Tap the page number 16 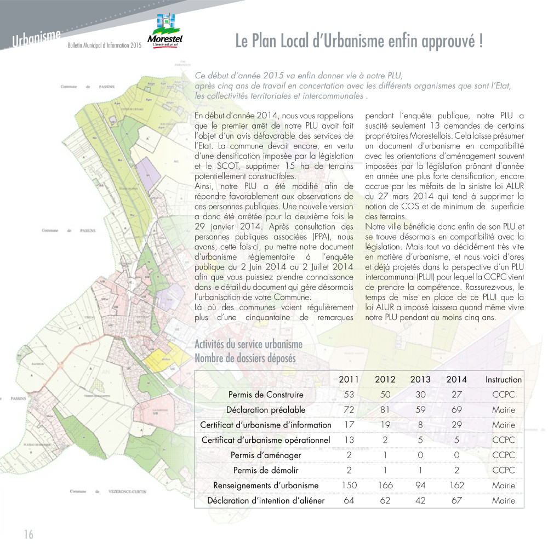(x=28, y=534)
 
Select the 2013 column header (x=420, y=379)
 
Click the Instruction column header (x=503, y=379)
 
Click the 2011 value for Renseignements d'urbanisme (x=349, y=485)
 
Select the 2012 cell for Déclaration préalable (x=385, y=409)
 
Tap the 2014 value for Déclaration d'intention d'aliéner (x=456, y=500)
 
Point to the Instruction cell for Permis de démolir (x=503, y=470)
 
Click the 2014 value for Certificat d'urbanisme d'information (x=456, y=425)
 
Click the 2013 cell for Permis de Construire (x=420, y=395)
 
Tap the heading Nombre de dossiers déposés (x=245, y=358)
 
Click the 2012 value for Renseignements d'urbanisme (x=385, y=485)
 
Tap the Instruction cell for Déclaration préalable (x=503, y=409)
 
